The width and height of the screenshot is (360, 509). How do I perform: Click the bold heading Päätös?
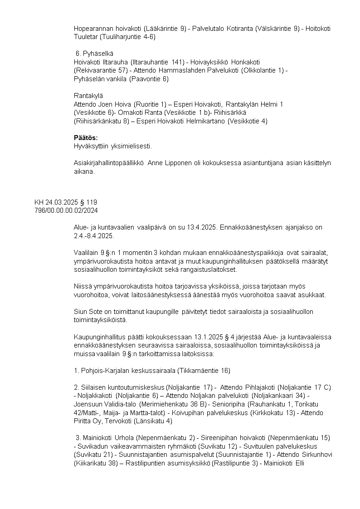click(x=86, y=137)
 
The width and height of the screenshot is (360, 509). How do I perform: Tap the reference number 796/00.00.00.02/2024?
click(x=66, y=210)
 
